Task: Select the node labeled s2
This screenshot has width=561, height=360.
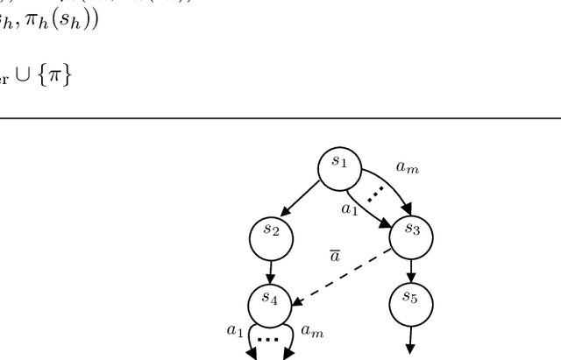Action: coord(271,232)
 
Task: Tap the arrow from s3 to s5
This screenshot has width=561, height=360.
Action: coord(411,267)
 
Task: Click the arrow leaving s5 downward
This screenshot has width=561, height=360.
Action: coord(411,337)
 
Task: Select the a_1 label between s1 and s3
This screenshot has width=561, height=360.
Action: coord(350,208)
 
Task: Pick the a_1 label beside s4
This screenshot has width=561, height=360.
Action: coord(235,329)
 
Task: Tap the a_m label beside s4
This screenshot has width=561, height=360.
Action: coord(311,329)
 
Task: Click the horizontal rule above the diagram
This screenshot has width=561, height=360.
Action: coord(280,116)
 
